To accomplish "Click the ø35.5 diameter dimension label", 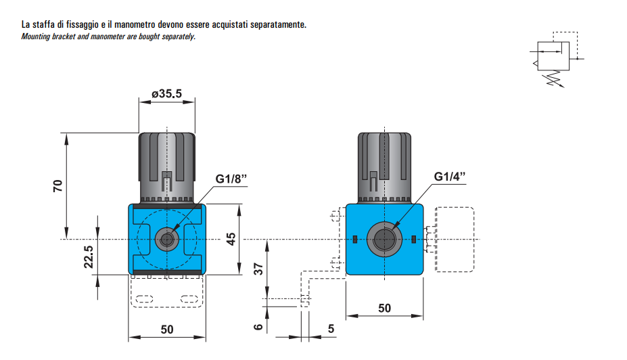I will tap(166, 94).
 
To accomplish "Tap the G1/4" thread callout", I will tap(450, 177).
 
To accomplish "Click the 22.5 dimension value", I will tap(89, 258).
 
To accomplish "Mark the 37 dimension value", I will tap(258, 269).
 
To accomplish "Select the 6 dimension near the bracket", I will tap(258, 327).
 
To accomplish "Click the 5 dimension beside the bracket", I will tap(331, 329).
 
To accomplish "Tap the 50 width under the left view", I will tap(167, 329).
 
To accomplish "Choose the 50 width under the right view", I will tap(384, 309).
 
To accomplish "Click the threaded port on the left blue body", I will tap(166, 239).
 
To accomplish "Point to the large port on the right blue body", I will tap(384, 239).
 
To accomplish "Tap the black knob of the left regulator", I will tap(167, 166).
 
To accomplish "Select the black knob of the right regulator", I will tap(384, 166).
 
